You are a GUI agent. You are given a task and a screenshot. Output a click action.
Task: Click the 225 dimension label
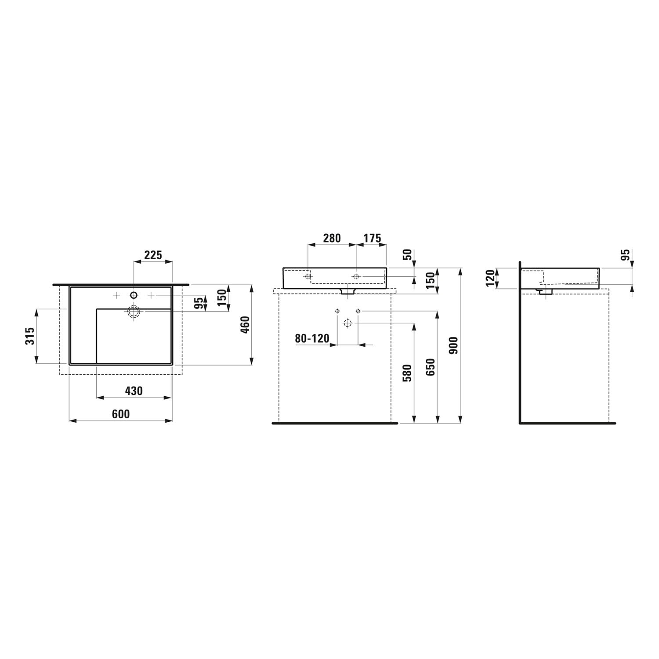pyautogui.click(x=153, y=254)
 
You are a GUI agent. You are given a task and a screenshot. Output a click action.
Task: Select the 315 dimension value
pyautogui.click(x=30, y=336)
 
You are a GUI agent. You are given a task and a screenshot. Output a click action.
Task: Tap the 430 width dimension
pyautogui.click(x=134, y=391)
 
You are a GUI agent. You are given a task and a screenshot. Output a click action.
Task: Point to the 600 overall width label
pyautogui.click(x=121, y=414)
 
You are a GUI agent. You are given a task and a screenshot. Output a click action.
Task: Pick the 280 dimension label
pyautogui.click(x=332, y=238)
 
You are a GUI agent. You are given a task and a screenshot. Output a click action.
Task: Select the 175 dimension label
pyautogui.click(x=372, y=238)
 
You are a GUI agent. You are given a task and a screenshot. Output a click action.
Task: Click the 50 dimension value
pyautogui.click(x=408, y=255)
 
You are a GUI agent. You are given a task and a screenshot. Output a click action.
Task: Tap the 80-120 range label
pyautogui.click(x=312, y=338)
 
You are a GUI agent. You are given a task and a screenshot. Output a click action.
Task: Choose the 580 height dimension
pyautogui.click(x=408, y=373)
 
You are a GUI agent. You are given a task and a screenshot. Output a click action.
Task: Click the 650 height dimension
pyautogui.click(x=431, y=367)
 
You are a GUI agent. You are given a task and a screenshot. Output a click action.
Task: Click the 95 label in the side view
pyautogui.click(x=626, y=255)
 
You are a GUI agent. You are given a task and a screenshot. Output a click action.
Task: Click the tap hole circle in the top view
pyautogui.click(x=134, y=295)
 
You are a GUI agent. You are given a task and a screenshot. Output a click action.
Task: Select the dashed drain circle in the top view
pyautogui.click(x=134, y=311)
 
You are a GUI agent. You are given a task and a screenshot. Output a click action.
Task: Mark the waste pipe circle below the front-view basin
pyautogui.click(x=348, y=324)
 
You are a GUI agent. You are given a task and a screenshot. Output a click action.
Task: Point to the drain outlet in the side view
pyautogui.click(x=545, y=291)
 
